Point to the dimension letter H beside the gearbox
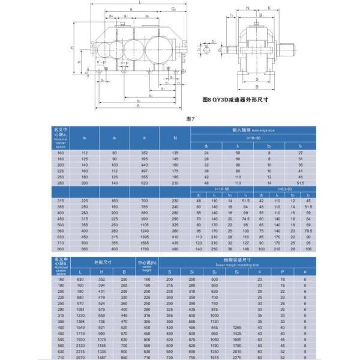[x=71, y=47]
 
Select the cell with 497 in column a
[x=144, y=171]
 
